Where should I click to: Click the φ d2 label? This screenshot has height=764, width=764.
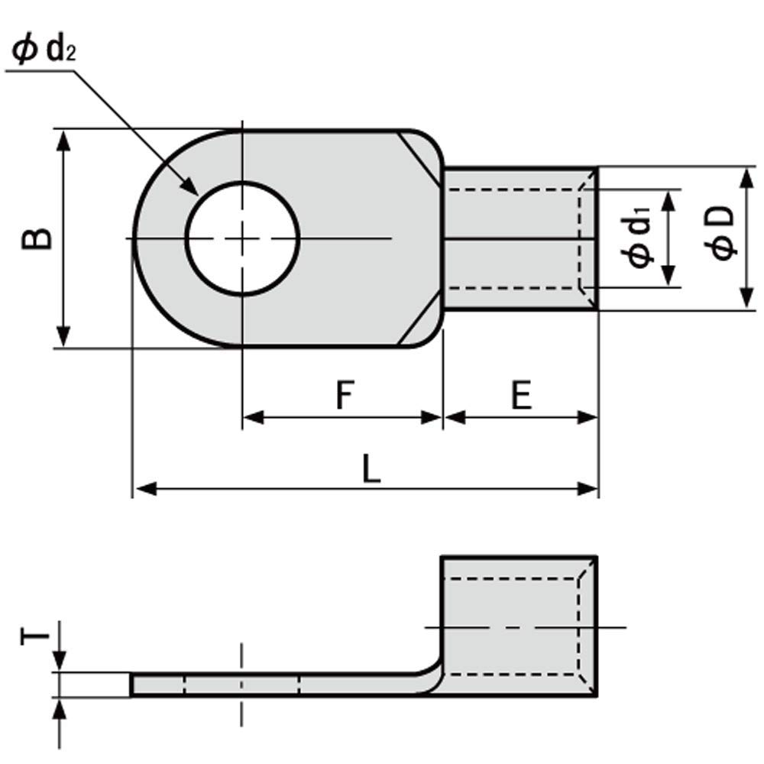[x=45, y=51]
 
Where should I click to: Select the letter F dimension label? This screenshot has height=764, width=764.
[x=345, y=396]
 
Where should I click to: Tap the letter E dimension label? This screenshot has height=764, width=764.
[x=522, y=396]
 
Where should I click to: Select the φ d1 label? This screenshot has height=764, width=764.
[x=639, y=238]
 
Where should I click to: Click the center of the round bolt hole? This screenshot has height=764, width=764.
[x=242, y=238]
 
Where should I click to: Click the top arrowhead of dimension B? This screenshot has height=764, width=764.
[x=64, y=138]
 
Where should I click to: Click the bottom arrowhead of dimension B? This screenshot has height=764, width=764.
[x=64, y=338]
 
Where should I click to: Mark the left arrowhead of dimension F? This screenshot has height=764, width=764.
[x=252, y=417]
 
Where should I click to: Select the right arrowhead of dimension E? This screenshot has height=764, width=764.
[x=588, y=417]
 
